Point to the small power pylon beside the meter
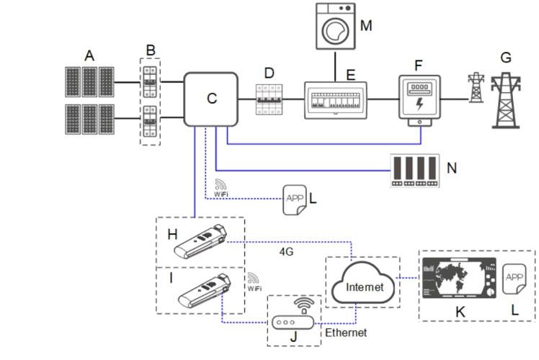475,88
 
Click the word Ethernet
347,333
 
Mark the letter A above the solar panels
89,56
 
